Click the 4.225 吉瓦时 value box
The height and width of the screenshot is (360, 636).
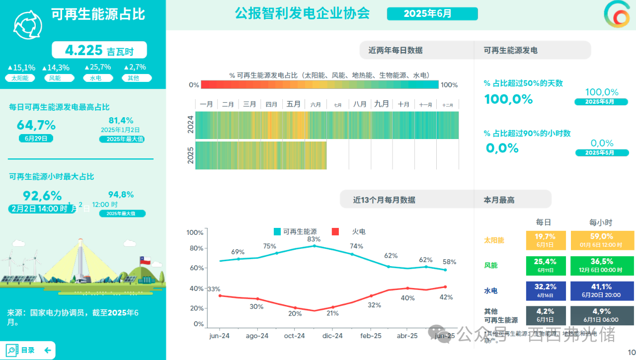99,50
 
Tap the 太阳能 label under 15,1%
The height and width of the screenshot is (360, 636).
20,78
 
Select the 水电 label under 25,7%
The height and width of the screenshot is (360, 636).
92,78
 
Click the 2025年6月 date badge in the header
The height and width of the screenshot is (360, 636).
432,14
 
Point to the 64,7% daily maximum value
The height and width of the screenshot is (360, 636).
36,125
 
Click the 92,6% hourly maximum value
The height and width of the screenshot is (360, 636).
42,196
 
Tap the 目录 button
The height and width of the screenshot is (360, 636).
28,350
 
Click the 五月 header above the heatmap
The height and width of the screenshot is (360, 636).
294,104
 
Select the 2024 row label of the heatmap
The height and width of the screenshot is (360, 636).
190,125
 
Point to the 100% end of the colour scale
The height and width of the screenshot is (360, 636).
449,85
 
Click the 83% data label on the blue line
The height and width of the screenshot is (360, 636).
314,239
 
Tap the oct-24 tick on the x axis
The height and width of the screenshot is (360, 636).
294,336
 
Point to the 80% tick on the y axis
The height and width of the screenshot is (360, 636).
195,248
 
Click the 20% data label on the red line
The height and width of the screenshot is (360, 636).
295,314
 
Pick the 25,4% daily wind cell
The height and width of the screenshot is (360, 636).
545,265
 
